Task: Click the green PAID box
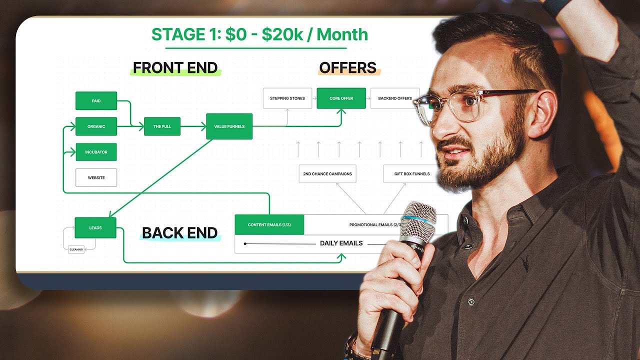(96, 101)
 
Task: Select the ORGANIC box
(96, 126)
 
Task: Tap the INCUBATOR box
(96, 152)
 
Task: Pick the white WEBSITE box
(96, 177)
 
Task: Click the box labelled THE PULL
(162, 126)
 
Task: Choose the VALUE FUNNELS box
(229, 126)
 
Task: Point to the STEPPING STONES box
(287, 98)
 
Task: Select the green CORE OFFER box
(341, 98)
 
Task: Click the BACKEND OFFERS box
(394, 98)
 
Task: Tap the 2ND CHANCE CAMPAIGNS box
(327, 174)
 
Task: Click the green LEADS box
(95, 227)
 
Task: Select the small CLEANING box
(76, 249)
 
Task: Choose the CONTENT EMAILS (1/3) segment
(269, 225)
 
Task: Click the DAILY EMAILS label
(341, 243)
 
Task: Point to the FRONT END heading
(175, 68)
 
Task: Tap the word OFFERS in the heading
(347, 68)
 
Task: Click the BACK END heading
(179, 233)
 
